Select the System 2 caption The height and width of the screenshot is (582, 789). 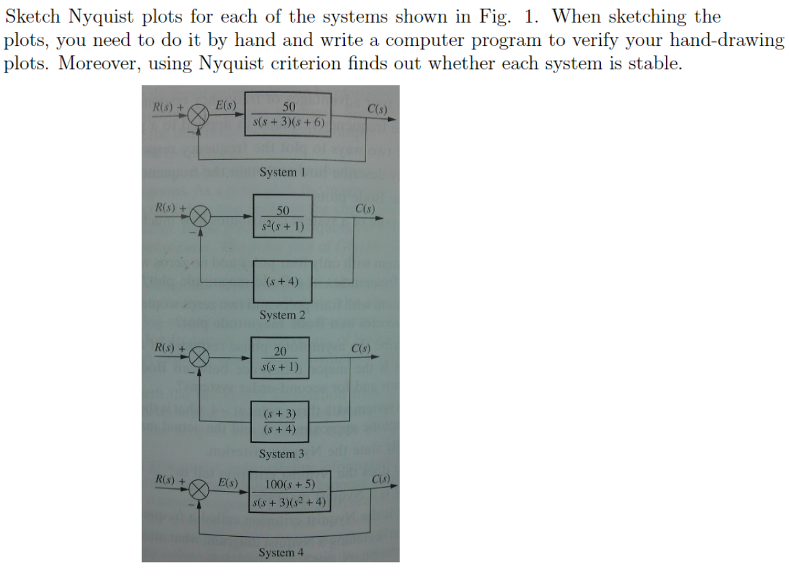282,315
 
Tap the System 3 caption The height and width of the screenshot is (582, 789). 282,454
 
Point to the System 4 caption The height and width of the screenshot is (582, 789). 281,553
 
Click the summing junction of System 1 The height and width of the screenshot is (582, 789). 199,116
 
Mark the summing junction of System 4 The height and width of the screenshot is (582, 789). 199,488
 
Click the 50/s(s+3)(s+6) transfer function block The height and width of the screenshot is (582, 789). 289,115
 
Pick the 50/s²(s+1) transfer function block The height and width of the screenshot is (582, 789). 283,217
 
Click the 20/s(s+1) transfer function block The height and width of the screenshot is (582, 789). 280,359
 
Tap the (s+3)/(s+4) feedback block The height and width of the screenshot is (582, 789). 280,421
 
